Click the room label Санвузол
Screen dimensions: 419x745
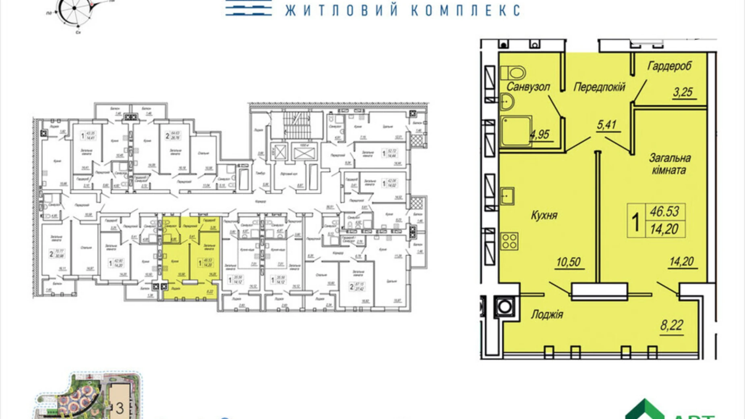pos(528,87)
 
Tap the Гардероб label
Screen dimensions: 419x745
pos(669,66)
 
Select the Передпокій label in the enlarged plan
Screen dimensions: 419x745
pos(599,87)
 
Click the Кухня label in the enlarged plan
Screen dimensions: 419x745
pos(544,215)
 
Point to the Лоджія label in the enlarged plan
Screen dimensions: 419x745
pos(546,315)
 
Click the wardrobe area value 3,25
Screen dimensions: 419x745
pos(683,92)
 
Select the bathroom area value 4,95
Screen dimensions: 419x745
pos(539,135)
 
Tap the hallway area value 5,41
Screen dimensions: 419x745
pos(606,125)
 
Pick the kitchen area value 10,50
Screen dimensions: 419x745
pos(568,263)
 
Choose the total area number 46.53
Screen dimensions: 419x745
pos(664,212)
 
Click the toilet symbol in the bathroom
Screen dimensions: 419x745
pos(513,73)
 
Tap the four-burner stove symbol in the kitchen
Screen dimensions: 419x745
pos(509,241)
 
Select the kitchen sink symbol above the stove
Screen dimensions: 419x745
pos(507,196)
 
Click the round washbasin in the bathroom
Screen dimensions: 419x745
pos(507,102)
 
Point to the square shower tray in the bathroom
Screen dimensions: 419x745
pos(515,131)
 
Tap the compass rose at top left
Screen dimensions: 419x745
pos(75,9)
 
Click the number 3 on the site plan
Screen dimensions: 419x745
pos(119,408)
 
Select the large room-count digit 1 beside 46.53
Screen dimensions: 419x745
pos(636,222)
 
